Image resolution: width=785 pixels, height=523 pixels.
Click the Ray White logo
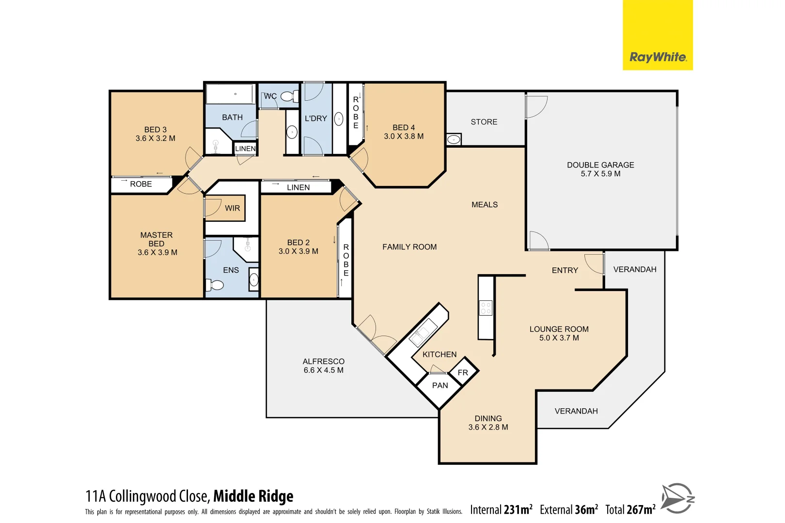click(x=657, y=57)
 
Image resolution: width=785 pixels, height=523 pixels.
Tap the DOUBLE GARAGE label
click(x=600, y=165)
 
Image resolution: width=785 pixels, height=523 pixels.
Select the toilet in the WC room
click(x=289, y=97)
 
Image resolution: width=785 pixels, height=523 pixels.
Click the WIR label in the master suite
click(x=232, y=208)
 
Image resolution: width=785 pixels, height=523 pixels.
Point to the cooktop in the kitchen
click(x=486, y=308)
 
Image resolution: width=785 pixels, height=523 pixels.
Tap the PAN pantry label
click(x=440, y=385)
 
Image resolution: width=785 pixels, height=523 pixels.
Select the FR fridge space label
click(x=462, y=372)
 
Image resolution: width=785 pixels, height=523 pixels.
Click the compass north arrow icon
click(x=677, y=498)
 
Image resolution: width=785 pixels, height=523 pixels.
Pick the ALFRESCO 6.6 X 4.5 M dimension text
click(x=323, y=370)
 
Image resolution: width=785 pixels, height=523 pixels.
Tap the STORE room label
click(x=484, y=122)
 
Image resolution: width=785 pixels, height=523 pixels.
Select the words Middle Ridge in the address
click(x=253, y=496)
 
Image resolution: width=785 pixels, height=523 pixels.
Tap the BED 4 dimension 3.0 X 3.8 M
click(x=403, y=137)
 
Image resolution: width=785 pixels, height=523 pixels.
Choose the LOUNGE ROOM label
click(x=558, y=329)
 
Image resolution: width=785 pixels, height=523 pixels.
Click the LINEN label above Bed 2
click(x=298, y=187)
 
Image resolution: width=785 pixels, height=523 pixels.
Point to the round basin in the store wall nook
click(x=454, y=139)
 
